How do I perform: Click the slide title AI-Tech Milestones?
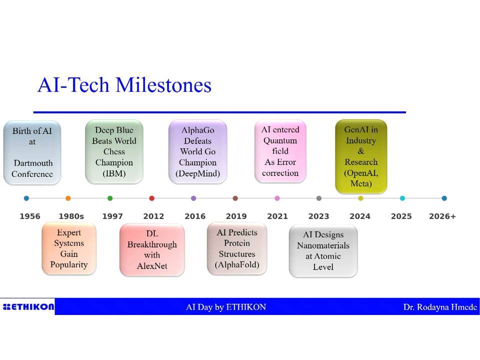tap(124, 85)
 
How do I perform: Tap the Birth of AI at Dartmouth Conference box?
tap(32, 152)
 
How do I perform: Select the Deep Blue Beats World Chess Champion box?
tap(114, 152)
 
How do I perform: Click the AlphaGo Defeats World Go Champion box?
tap(198, 152)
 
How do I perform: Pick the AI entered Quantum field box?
tap(280, 151)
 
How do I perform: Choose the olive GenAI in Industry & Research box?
tap(361, 156)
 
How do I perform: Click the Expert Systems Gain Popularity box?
tap(69, 248)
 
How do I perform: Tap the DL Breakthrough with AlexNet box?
tap(152, 250)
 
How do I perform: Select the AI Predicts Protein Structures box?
tap(237, 248)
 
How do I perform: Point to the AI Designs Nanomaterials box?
tap(323, 250)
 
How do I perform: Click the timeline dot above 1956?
tap(26, 198)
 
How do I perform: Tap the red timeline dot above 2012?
tap(152, 198)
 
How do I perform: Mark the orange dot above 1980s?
tap(68, 198)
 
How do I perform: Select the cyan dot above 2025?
tap(402, 198)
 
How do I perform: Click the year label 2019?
tap(236, 216)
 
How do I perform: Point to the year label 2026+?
tap(442, 216)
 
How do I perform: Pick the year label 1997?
tap(112, 216)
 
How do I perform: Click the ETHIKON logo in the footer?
tap(28, 306)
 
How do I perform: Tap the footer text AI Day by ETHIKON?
tap(226, 307)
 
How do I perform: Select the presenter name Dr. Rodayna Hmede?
tap(440, 307)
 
